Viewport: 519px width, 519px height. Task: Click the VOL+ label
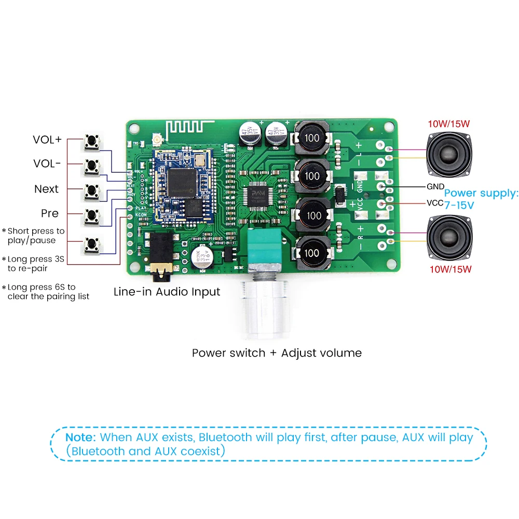pyautogui.click(x=47, y=140)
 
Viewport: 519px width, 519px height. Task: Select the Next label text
pyautogui.click(x=47, y=189)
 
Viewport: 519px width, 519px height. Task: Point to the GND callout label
pyautogui.click(x=435, y=186)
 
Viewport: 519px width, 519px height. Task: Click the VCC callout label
pyautogui.click(x=435, y=203)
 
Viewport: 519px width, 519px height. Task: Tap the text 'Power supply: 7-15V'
pyautogui.click(x=481, y=199)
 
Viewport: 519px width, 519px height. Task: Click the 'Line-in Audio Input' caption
pyautogui.click(x=167, y=292)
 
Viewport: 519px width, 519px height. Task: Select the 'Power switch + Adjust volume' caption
pyautogui.click(x=277, y=353)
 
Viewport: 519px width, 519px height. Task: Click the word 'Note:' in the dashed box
pyautogui.click(x=81, y=437)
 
